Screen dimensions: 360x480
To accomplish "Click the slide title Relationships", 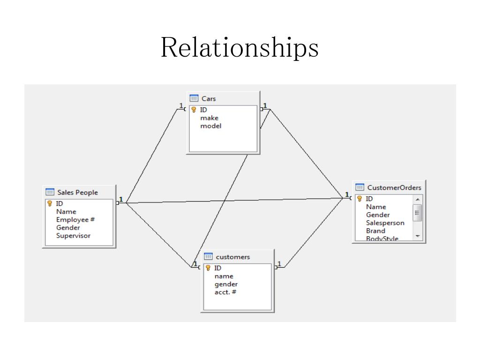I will pos(240,47).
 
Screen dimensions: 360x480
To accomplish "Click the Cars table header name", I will pos(209,98).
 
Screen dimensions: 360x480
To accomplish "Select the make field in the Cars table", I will pos(209,118).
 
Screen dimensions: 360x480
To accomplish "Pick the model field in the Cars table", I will pos(210,126).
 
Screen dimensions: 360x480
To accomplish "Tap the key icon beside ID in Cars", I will pos(194,110).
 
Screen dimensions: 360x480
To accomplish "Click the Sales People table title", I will pos(77,192).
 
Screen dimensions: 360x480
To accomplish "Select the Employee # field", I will pos(75,219).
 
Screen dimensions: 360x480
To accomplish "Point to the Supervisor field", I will pos(73,235).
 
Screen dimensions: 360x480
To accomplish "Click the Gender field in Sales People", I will pos(68,227).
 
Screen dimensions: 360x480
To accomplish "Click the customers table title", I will pos(232,257).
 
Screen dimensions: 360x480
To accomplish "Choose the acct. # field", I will pos(225,292).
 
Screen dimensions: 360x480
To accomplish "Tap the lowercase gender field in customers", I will pos(226,284).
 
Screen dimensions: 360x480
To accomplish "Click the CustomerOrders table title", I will pos(394,187).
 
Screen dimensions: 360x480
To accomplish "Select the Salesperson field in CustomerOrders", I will pos(385,223).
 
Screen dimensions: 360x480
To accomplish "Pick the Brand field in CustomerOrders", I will pos(375,231).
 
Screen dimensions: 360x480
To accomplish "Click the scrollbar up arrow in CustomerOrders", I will pos(417,199).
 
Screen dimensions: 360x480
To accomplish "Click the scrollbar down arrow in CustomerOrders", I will pos(417,237).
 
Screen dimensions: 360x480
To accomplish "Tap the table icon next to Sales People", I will pos(50,192).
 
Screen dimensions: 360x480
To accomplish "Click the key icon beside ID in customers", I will pos(208,268).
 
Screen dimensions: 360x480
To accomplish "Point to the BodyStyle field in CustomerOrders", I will pos(382,239).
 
